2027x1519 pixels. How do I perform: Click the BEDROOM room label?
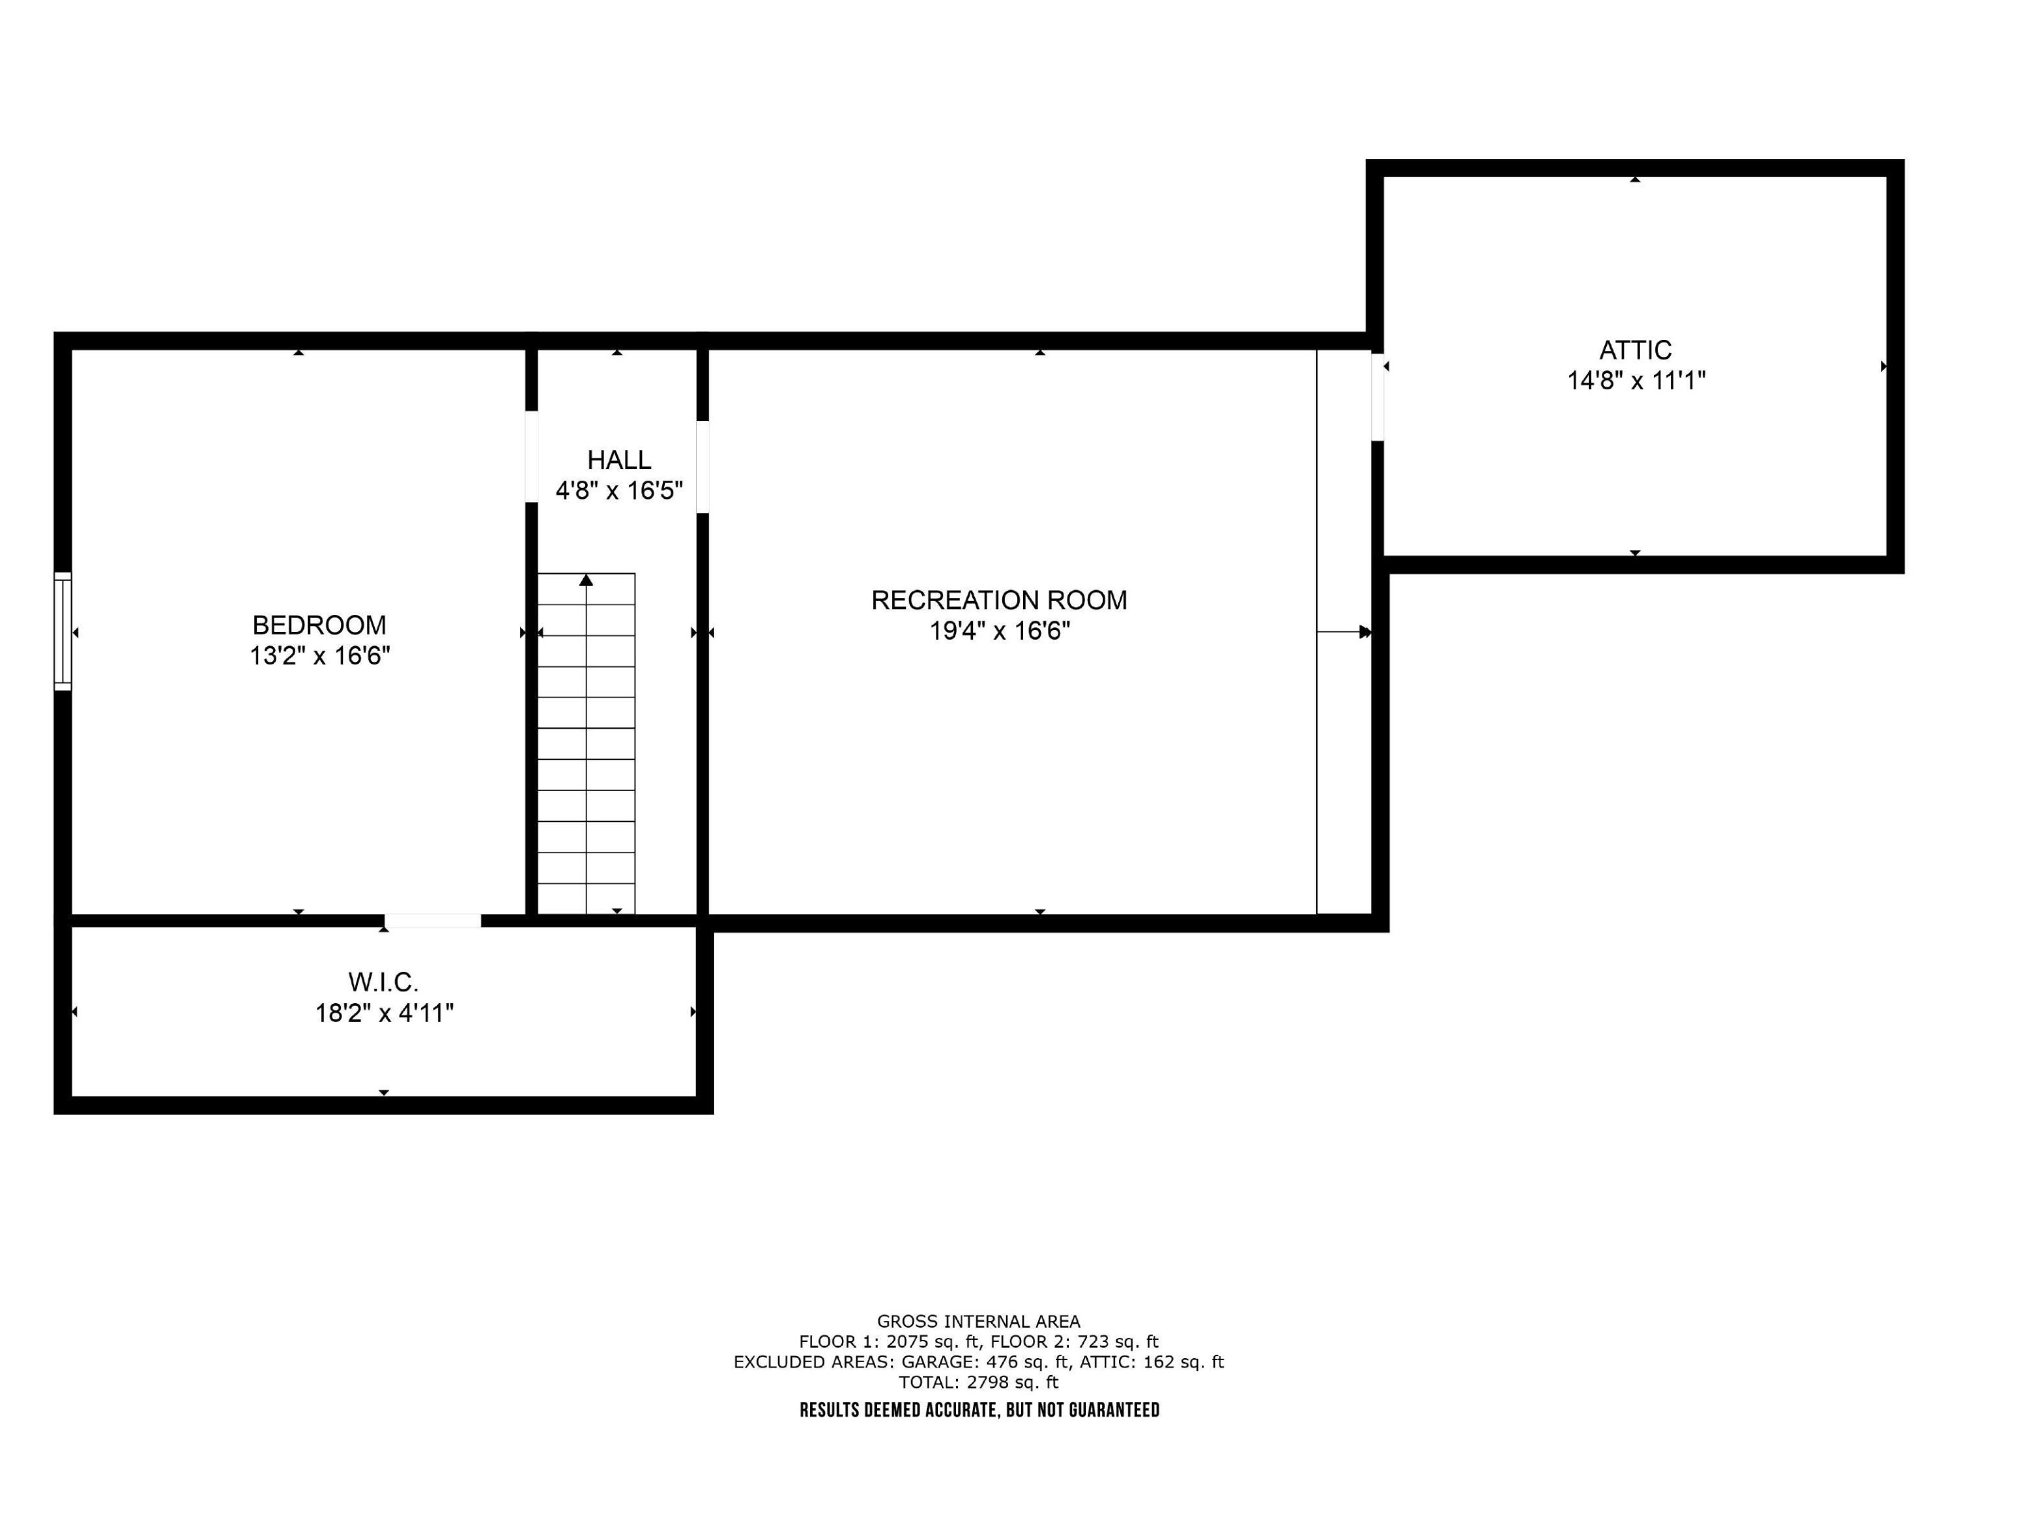(319, 625)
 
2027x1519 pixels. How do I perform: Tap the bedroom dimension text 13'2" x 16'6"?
(320, 656)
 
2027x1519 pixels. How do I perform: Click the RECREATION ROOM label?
(999, 600)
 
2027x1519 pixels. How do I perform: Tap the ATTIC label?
(1635, 350)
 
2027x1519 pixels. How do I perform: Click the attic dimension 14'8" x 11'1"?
(1636, 381)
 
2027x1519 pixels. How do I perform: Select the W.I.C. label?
(383, 983)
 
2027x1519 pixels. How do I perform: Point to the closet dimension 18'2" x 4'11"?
(384, 1014)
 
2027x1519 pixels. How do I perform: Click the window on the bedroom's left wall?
(62, 631)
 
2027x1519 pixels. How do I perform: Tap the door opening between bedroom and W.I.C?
(432, 920)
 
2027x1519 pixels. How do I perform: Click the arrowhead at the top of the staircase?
(586, 580)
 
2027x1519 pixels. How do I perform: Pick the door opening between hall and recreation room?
(703, 466)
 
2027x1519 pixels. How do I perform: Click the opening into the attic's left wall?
(1377, 397)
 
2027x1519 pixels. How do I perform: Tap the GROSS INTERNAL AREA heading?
(978, 1321)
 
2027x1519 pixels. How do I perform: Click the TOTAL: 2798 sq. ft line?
(978, 1382)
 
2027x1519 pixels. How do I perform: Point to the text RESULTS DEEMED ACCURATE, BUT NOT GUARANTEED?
(978, 1410)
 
